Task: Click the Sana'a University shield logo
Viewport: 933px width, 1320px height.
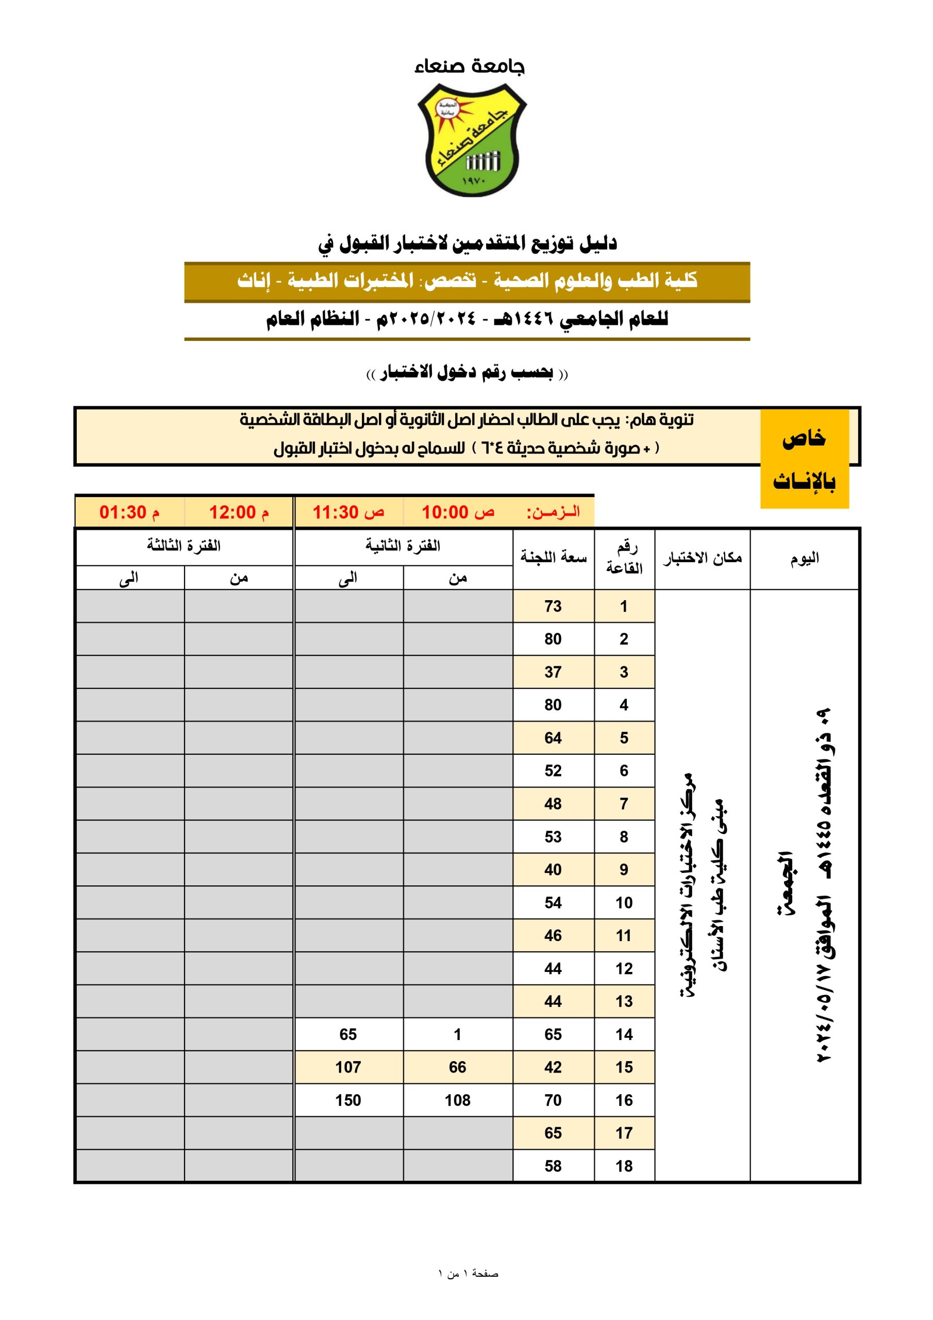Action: (x=471, y=140)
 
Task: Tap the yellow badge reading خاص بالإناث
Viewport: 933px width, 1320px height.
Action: (x=804, y=459)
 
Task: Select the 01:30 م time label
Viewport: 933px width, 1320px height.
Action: (x=129, y=511)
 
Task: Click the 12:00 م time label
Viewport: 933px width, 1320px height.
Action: (x=239, y=511)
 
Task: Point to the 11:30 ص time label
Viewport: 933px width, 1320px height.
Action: (x=348, y=511)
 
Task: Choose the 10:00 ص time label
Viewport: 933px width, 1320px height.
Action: (x=458, y=511)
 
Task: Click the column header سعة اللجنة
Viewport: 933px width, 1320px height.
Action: (x=553, y=557)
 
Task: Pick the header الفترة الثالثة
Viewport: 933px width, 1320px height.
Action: (x=184, y=546)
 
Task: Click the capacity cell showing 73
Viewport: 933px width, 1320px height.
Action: (x=553, y=606)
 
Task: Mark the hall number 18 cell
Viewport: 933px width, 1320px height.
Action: (x=624, y=1166)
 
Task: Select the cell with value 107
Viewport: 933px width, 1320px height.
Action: (x=348, y=1067)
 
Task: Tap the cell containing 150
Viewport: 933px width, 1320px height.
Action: (x=348, y=1100)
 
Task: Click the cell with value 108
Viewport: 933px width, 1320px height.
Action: (x=458, y=1100)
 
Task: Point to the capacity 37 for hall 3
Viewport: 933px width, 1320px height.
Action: (x=553, y=672)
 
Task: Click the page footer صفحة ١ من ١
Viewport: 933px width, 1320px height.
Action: (x=468, y=1274)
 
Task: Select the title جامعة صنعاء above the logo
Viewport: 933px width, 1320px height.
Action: (x=469, y=67)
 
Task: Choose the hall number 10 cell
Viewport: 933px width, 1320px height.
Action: (x=624, y=903)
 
